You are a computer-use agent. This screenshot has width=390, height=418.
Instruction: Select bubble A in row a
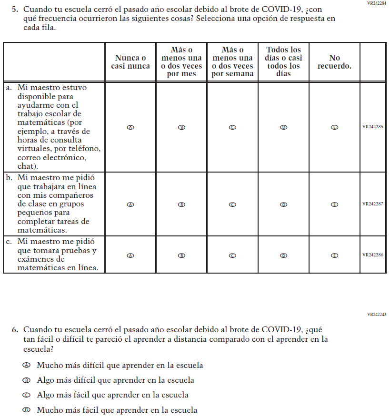click(130, 127)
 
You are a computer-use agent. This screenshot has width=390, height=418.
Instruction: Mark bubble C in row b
click(232, 204)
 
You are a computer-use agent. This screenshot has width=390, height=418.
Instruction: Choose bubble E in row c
click(334, 255)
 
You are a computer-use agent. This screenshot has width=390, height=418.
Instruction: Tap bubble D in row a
click(283, 127)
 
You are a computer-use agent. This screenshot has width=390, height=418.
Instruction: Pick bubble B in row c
click(181, 255)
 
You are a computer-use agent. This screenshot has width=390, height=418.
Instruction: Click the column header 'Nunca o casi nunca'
click(130, 62)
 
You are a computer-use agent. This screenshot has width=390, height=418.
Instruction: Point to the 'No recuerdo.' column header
click(334, 62)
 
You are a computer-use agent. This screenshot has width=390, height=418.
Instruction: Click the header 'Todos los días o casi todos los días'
click(283, 61)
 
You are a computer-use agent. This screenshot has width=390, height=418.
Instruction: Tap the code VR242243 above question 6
click(376, 315)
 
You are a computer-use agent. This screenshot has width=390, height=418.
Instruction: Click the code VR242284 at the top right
click(376, 3)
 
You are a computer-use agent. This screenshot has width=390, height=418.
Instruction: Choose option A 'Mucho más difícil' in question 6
click(27, 365)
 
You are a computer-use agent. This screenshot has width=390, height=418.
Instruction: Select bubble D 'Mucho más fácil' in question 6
click(27, 410)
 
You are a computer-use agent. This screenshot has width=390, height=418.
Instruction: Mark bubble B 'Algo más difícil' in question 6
click(27, 380)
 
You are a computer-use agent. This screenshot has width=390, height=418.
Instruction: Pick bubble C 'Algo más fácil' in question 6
click(27, 395)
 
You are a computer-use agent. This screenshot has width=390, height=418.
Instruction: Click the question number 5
click(15, 9)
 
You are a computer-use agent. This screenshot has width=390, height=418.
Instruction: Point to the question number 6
click(15, 329)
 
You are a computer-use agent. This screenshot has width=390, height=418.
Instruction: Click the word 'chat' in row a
click(26, 166)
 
